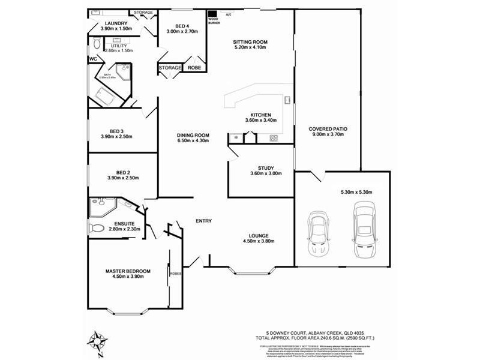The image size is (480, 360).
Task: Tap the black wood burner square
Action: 212,13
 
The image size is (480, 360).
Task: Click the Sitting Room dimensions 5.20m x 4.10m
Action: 250,49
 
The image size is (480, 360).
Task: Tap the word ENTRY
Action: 203,221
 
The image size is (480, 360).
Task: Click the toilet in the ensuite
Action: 97,229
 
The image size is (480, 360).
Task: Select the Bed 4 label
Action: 182,26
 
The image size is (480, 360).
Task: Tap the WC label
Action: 93,59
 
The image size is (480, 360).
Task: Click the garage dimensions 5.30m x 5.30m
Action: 356,192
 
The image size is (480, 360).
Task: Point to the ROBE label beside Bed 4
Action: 194,68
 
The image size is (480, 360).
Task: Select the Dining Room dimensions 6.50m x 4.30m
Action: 193,140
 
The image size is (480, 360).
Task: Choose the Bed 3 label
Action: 116,131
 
